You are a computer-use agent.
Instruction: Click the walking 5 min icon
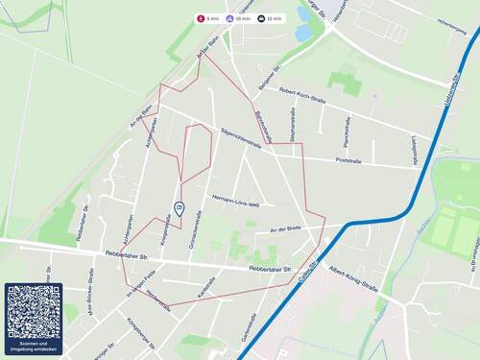click(201, 18)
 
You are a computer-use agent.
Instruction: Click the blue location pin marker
click(178, 208)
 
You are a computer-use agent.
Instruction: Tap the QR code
click(34, 311)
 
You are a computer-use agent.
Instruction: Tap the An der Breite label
click(287, 228)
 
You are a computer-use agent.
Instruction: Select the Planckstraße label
click(347, 133)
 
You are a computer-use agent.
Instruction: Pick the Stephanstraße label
click(293, 126)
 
